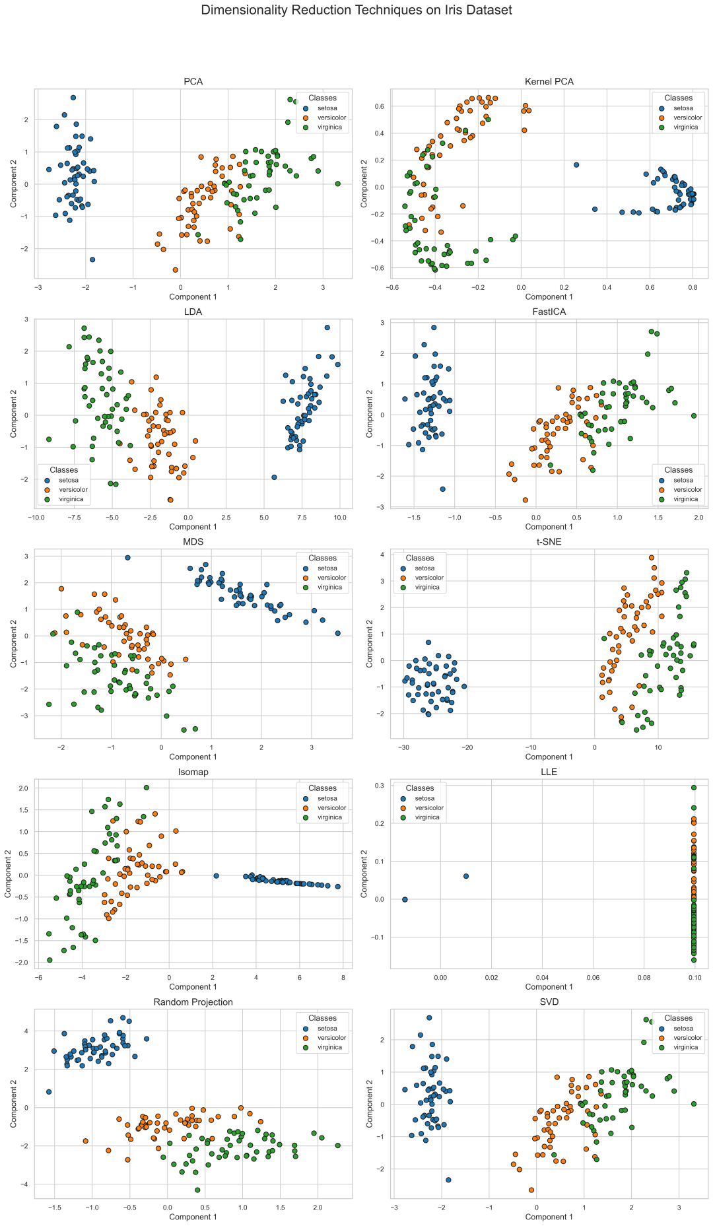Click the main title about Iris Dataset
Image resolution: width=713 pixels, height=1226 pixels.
tap(356, 10)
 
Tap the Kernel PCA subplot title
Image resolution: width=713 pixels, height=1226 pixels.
tap(549, 82)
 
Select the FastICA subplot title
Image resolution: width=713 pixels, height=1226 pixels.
tap(549, 312)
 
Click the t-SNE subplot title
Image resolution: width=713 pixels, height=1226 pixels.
tap(549, 542)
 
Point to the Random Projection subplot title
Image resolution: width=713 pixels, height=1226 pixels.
tap(193, 1002)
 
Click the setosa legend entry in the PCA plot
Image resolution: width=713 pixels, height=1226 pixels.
tap(327, 108)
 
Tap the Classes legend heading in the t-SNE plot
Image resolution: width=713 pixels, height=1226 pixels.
tap(420, 558)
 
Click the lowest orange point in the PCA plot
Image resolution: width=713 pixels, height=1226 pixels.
tap(175, 270)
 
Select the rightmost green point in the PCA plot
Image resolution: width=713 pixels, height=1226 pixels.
tap(337, 184)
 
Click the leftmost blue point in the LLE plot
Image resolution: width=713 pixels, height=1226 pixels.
tap(405, 899)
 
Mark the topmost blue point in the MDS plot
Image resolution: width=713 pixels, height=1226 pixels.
tap(127, 558)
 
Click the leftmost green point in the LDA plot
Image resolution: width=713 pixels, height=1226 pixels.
tap(48, 439)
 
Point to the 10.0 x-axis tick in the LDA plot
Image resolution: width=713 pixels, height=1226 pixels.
tap(339, 517)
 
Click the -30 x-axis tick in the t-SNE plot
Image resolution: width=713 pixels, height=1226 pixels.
tap(403, 747)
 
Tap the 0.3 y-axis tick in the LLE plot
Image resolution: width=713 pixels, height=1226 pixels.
tap(381, 786)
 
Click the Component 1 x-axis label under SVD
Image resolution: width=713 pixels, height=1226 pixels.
tap(549, 1217)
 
